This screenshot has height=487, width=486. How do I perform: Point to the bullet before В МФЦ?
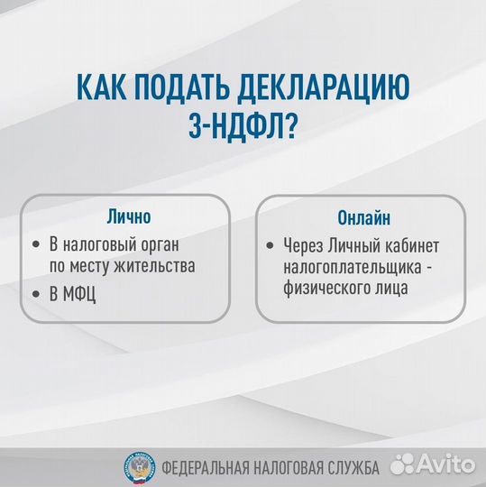coord(37,294)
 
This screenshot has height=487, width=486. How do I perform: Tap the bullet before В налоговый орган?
coord(37,244)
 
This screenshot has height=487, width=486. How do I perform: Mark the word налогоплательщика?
coord(346,268)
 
